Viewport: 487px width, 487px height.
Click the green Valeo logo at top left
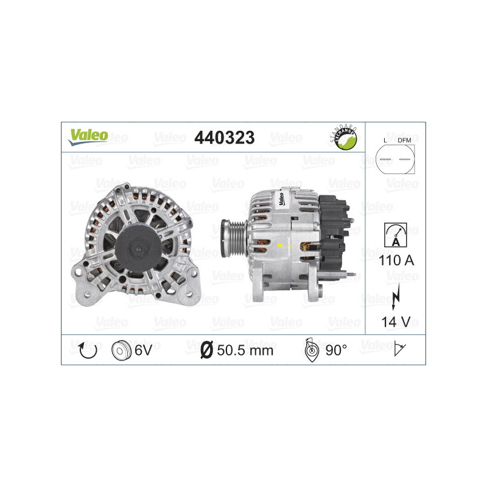point(88,137)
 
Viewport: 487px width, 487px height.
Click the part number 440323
point(223,138)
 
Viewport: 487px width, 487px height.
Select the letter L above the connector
point(385,141)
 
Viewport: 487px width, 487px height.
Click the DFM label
point(404,141)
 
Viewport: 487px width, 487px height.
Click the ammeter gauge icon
point(394,234)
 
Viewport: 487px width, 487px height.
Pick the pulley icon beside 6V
point(122,350)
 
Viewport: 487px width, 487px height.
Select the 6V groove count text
point(143,350)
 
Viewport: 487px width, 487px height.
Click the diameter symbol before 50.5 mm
point(206,350)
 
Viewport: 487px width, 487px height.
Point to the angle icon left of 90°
point(311,349)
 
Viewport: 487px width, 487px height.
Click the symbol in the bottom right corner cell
point(401,349)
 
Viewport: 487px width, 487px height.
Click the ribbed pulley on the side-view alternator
point(234,234)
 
